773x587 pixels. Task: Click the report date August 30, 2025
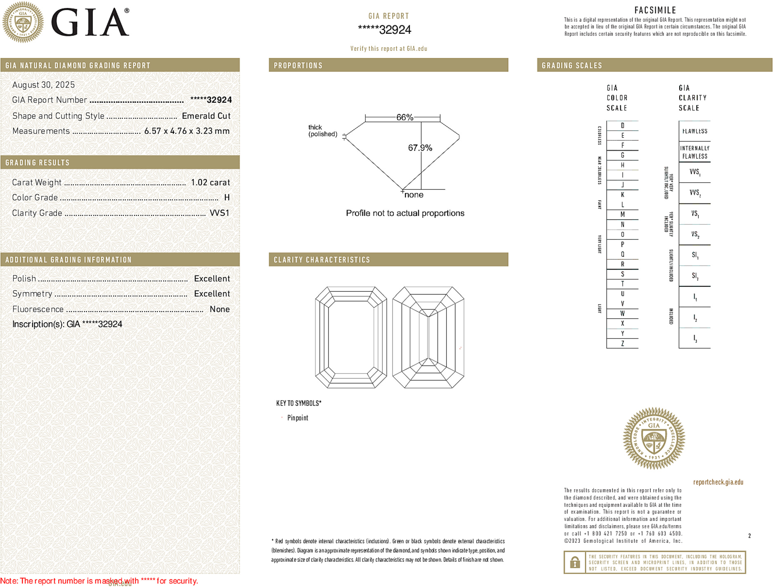43,85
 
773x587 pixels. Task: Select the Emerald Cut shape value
206,116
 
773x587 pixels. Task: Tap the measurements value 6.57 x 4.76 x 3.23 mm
187,131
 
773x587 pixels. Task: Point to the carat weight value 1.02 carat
210,182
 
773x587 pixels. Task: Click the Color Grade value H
227,198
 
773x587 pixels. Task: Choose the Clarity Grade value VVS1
219,213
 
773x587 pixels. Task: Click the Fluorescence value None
220,309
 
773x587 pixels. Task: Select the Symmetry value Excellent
212,294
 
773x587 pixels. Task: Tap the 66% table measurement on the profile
404,117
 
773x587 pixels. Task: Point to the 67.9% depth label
420,148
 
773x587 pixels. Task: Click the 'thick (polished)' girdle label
322,130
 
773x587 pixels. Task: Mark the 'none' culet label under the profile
414,195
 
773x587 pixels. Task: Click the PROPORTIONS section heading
298,66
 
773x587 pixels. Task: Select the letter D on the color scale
622,125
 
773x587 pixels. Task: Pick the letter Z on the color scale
622,343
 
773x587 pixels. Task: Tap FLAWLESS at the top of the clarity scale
695,131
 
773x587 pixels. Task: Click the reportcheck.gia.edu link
718,482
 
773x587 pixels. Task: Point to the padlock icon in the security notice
574,562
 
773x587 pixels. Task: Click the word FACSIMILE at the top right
655,10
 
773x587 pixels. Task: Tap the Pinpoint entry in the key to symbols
298,418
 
